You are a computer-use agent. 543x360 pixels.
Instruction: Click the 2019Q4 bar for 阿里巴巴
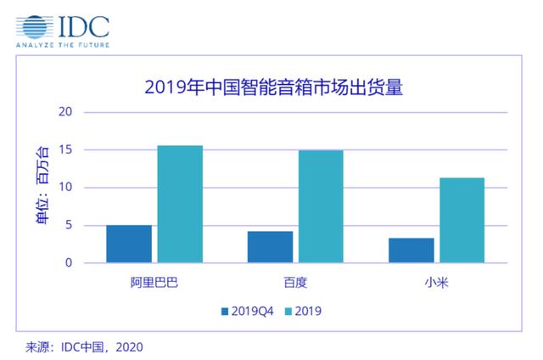(129, 244)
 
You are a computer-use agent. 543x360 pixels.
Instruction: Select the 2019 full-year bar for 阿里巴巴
(180, 204)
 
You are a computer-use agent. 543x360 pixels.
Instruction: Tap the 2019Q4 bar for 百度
(270, 246)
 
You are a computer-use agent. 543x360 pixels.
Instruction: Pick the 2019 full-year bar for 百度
(321, 206)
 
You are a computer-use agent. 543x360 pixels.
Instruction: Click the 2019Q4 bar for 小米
(411, 250)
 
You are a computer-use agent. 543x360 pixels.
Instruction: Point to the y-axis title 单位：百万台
(42, 188)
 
